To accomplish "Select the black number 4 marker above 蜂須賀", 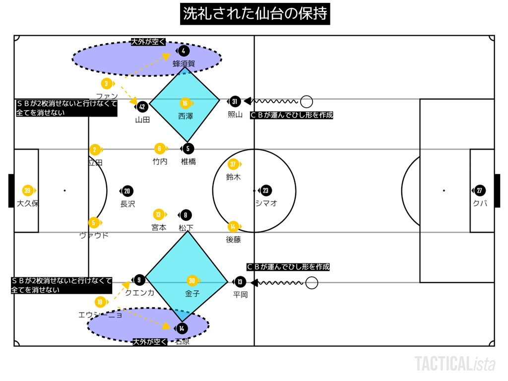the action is tap(184, 51).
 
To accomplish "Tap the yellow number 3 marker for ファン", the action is tap(106, 84).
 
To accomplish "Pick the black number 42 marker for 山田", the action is tap(142, 107).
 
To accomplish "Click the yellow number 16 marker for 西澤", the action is tap(185, 103).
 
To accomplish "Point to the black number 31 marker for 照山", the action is tap(235, 102).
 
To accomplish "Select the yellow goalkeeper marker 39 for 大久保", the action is tap(28, 190).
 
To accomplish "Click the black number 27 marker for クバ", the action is tap(479, 190).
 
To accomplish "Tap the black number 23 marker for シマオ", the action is tap(266, 190).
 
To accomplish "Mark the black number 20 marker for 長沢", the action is tap(127, 191).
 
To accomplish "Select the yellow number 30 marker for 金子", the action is tap(192, 280).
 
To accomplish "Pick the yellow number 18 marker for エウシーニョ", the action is tap(100, 302).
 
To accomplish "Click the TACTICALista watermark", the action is tap(455, 364).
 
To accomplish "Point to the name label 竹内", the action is tap(160, 161).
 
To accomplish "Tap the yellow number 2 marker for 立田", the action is tap(95, 149).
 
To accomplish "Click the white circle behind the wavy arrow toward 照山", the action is tap(307, 102).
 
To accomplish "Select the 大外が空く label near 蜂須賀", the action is tap(148, 42).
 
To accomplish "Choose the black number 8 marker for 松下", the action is tap(186, 215).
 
